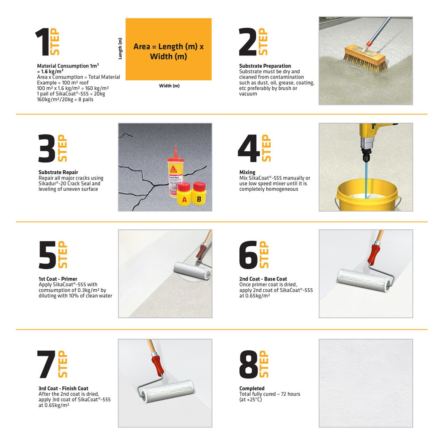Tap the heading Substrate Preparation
[x=265, y=66]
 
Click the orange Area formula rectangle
[x=169, y=49]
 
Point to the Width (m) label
[x=170, y=86]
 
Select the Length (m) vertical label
[x=120, y=49]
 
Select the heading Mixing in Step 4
[x=247, y=172]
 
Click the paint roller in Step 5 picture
[x=193, y=271]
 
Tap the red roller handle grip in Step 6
[x=374, y=254]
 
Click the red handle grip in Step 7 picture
[x=157, y=365]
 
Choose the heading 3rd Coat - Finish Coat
[x=63, y=388]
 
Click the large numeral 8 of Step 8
[x=248, y=364]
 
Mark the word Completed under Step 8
[x=252, y=388]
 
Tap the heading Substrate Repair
[x=59, y=172]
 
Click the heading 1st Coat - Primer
[x=58, y=279]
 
